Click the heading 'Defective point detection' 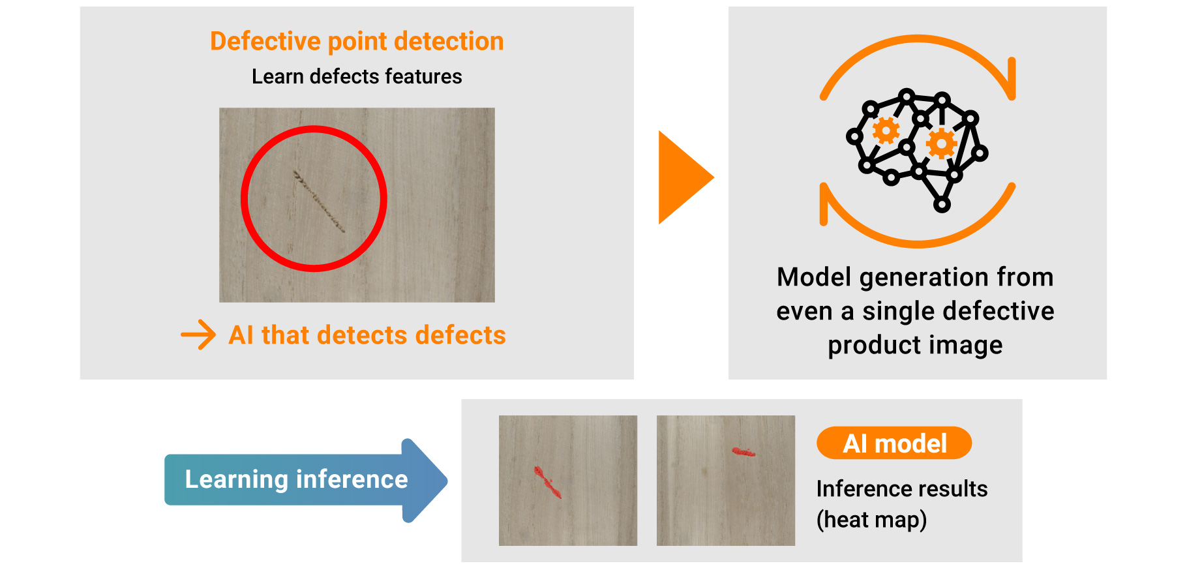pos(357,41)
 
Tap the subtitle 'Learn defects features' pos(357,76)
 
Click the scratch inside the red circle pos(319,202)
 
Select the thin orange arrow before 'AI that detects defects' pos(198,335)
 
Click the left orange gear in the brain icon pos(886,131)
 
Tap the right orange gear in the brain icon pos(941,143)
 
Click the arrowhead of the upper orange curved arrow pos(1010,80)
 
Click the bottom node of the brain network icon pos(942,205)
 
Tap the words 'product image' pos(915,345)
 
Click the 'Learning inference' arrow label pos(296,479)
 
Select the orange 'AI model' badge pos(894,443)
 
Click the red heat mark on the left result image pos(548,482)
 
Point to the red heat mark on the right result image pos(743,451)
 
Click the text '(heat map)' pos(871,520)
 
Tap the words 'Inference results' pos(902,488)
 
